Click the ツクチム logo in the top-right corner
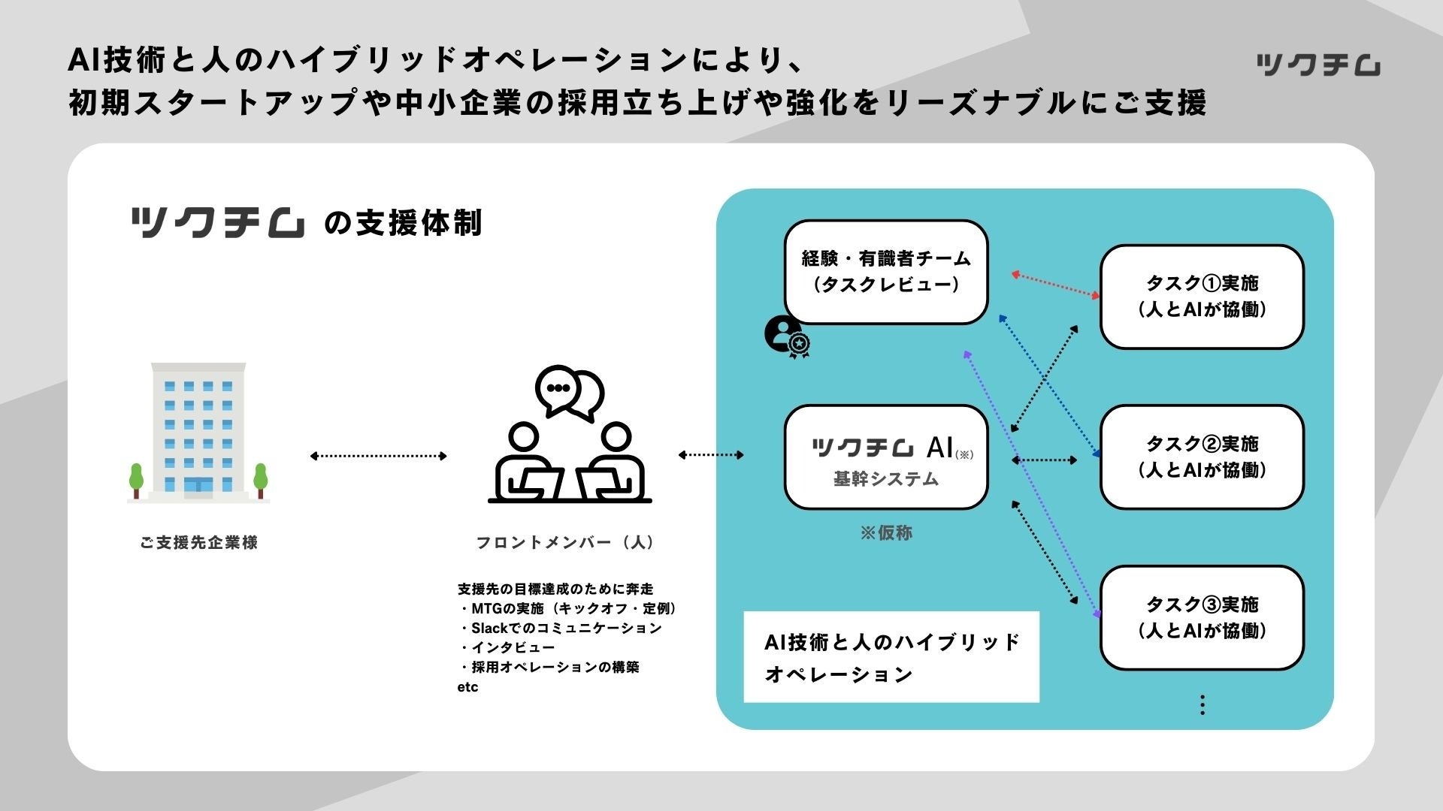click(1317, 65)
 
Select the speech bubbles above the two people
click(569, 392)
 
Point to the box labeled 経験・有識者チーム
click(885, 272)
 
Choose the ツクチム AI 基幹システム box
click(885, 457)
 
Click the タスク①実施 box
click(1201, 297)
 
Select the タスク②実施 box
click(1201, 457)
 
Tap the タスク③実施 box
click(1201, 618)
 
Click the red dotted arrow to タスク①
click(1055, 285)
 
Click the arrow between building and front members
click(379, 456)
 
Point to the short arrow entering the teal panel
click(711, 454)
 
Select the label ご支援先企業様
click(198, 542)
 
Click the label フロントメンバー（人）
click(565, 542)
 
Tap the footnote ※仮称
click(886, 533)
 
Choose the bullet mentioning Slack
click(561, 628)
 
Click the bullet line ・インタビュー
click(507, 647)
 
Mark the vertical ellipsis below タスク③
click(1202, 704)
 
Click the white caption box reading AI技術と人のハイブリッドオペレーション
click(891, 657)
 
